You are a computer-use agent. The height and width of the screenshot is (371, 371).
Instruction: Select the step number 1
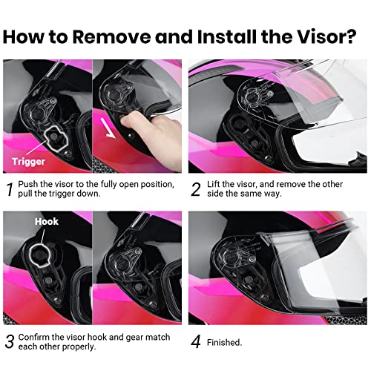tap(10, 189)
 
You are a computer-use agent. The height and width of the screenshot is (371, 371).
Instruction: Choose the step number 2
tap(196, 189)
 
